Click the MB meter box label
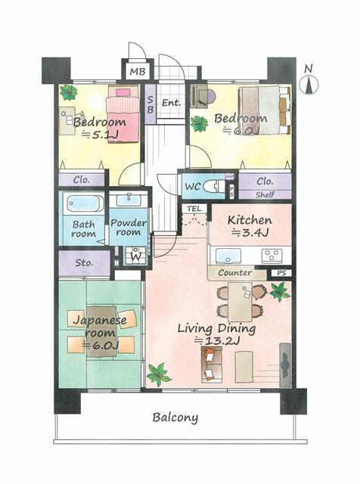click(x=137, y=72)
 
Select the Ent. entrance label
click(x=172, y=103)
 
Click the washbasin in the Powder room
click(x=129, y=200)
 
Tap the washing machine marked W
click(x=135, y=256)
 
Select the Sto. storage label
click(x=84, y=263)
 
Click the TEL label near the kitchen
click(x=194, y=209)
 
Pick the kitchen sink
click(x=228, y=256)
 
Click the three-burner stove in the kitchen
click(x=272, y=256)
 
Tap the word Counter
click(x=235, y=273)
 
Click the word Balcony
click(x=175, y=417)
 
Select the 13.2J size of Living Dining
click(x=217, y=341)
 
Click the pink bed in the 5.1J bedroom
click(x=123, y=113)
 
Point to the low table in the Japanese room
click(x=101, y=332)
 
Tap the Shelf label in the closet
click(x=265, y=195)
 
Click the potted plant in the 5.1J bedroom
click(x=69, y=92)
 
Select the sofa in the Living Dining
click(x=212, y=365)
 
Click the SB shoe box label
click(x=151, y=104)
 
